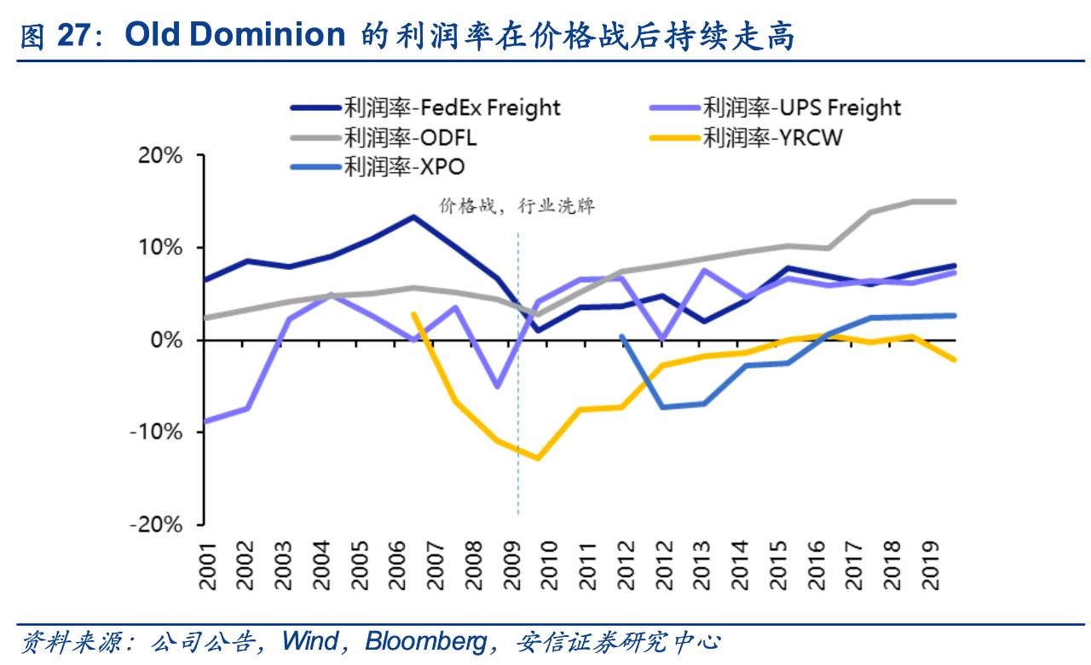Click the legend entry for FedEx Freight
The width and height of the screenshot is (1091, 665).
pyautogui.click(x=452, y=108)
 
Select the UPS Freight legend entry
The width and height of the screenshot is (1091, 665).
pyautogui.click(x=801, y=108)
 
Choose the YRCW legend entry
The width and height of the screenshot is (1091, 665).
pyautogui.click(x=772, y=137)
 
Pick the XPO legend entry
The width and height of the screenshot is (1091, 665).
pyautogui.click(x=404, y=166)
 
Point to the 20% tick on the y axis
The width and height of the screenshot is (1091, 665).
pyautogui.click(x=162, y=156)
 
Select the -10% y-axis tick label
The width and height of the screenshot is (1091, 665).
pyautogui.click(x=157, y=433)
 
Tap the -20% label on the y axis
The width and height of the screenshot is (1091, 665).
pyautogui.click(x=157, y=525)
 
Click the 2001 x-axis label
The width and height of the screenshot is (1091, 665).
pyautogui.click(x=207, y=569)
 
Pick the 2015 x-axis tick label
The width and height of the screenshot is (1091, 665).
pyautogui.click(x=779, y=569)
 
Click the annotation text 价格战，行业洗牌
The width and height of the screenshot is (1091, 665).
pyautogui.click(x=517, y=207)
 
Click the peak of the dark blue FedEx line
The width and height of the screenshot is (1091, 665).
pyautogui.click(x=413, y=216)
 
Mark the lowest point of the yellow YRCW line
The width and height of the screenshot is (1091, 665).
pyautogui.click(x=538, y=458)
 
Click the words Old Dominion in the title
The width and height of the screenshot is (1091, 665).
pyautogui.click(x=234, y=36)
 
